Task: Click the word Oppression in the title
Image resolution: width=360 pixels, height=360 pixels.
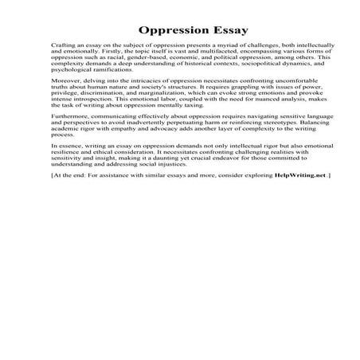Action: click(167, 31)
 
